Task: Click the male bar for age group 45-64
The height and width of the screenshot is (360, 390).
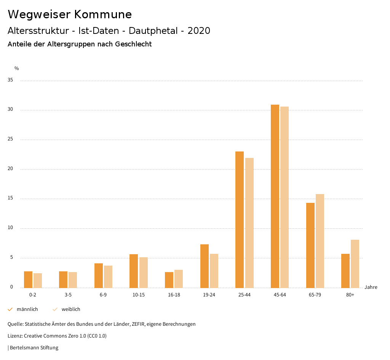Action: pyautogui.click(x=275, y=196)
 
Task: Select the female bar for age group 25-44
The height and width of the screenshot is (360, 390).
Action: pyautogui.click(x=249, y=223)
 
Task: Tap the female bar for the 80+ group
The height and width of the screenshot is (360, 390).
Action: pyautogui.click(x=355, y=264)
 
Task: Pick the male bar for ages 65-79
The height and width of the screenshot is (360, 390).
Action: pyautogui.click(x=310, y=245)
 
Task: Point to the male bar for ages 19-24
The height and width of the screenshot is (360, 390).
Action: pyautogui.click(x=205, y=266)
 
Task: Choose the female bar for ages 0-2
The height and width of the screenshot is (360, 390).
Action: pyautogui.click(x=38, y=280)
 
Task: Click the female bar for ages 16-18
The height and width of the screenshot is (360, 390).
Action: pyautogui.click(x=179, y=279)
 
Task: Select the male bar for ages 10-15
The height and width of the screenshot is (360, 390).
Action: pyautogui.click(x=134, y=271)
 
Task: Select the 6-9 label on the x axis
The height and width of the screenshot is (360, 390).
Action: pyautogui.click(x=103, y=295)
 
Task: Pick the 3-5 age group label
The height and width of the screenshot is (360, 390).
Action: pyautogui.click(x=68, y=295)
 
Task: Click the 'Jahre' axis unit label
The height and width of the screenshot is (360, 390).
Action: pyautogui.click(x=371, y=287)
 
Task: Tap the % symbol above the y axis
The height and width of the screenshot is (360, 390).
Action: pyautogui.click(x=17, y=68)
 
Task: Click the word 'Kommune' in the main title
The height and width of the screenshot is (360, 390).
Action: pyautogui.click(x=103, y=14)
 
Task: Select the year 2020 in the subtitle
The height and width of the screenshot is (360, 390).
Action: pyautogui.click(x=199, y=31)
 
